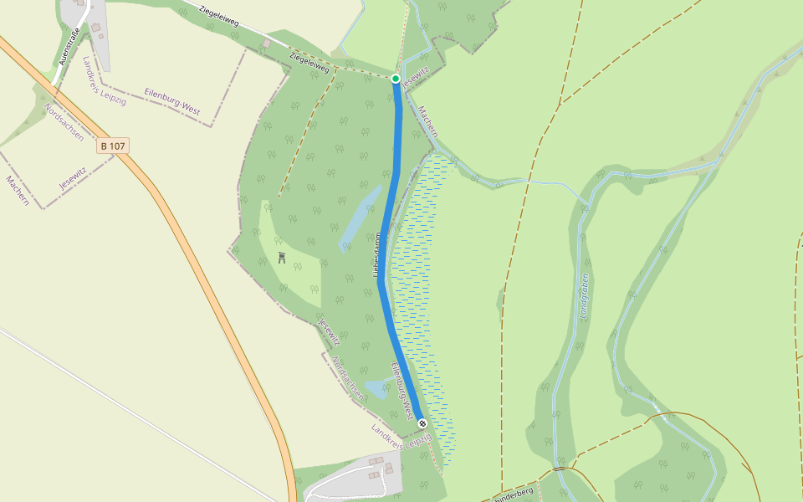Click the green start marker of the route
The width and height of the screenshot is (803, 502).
tap(396, 79)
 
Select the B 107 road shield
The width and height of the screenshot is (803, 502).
tap(113, 146)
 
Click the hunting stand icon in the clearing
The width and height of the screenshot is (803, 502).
tap(283, 258)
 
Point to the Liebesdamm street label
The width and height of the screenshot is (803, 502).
tap(376, 255)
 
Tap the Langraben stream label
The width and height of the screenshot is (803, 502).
tap(584, 296)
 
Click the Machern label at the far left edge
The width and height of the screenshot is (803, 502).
tap(18, 191)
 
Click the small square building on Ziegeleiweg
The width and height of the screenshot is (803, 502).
tap(267, 43)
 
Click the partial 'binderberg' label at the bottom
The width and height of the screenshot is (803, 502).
tap(514, 493)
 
